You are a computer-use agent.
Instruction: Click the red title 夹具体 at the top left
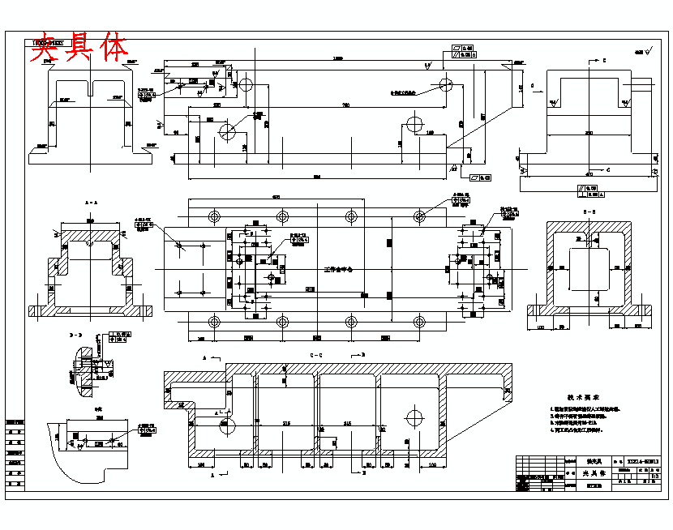(79, 49)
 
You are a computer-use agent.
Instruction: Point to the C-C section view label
(315, 356)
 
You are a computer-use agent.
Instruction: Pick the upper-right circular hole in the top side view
(445, 83)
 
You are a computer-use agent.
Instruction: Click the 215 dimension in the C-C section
(288, 424)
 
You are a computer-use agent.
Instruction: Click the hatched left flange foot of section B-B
(537, 310)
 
